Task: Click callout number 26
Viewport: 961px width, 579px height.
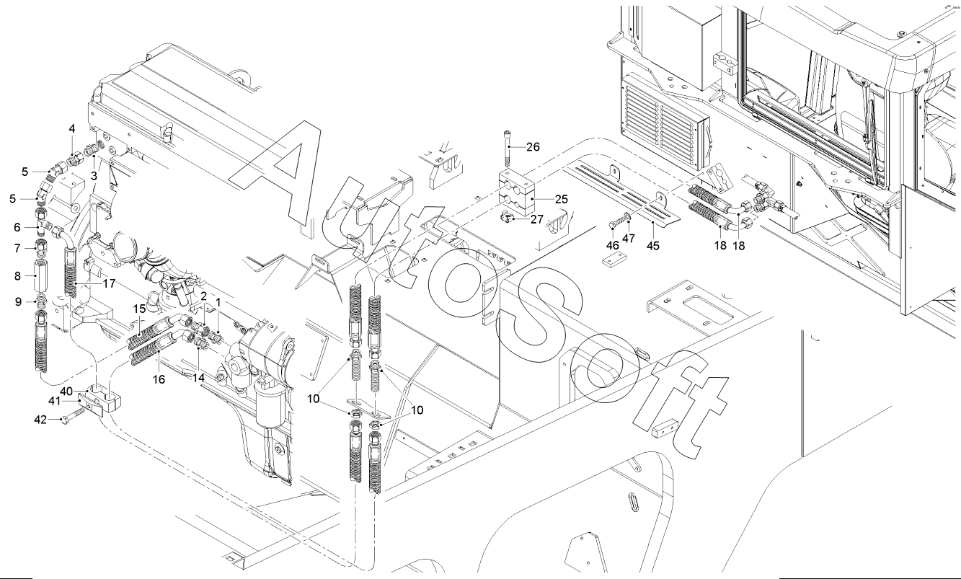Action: coord(533,147)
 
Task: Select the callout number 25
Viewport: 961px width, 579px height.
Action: coord(561,199)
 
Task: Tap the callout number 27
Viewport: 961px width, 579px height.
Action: coord(536,219)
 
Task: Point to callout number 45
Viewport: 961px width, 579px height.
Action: coord(653,246)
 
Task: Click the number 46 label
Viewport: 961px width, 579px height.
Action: coord(613,245)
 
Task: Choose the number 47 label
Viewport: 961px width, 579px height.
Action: coord(629,238)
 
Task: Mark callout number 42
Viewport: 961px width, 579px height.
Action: coord(40,420)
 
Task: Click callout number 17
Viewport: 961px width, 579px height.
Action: coord(110,283)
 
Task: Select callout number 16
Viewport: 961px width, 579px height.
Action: coord(159,379)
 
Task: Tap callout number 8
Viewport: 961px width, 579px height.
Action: coord(17,276)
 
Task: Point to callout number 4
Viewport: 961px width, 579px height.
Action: coord(72,129)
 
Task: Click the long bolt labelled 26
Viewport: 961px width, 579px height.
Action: coord(508,149)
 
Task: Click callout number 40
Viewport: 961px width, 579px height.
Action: coord(66,392)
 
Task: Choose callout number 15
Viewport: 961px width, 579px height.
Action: coord(139,309)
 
